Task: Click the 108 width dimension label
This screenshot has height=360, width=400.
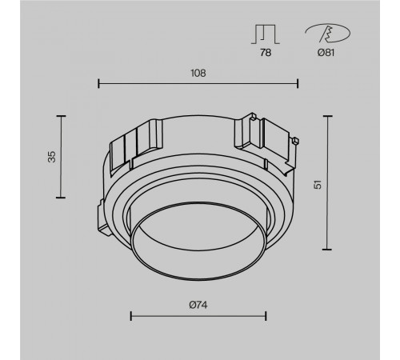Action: pyautogui.click(x=198, y=73)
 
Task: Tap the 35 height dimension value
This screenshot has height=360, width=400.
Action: pyautogui.click(x=52, y=157)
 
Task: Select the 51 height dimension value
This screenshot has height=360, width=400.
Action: pyautogui.click(x=318, y=185)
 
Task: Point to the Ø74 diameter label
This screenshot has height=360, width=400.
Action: pyautogui.click(x=198, y=305)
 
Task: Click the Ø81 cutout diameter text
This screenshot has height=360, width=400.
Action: pyautogui.click(x=326, y=53)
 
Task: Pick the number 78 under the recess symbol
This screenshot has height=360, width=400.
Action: pyautogui.click(x=266, y=53)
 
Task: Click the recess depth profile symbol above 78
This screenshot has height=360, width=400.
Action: pyautogui.click(x=266, y=34)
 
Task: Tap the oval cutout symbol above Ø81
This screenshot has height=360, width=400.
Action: pyautogui.click(x=328, y=34)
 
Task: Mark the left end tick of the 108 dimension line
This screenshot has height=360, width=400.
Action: pyautogui.click(x=98, y=83)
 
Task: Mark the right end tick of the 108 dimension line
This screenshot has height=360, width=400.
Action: pyautogui.click(x=298, y=83)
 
